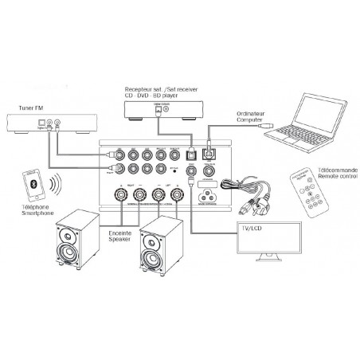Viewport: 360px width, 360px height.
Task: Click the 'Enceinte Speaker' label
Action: [122, 237]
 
